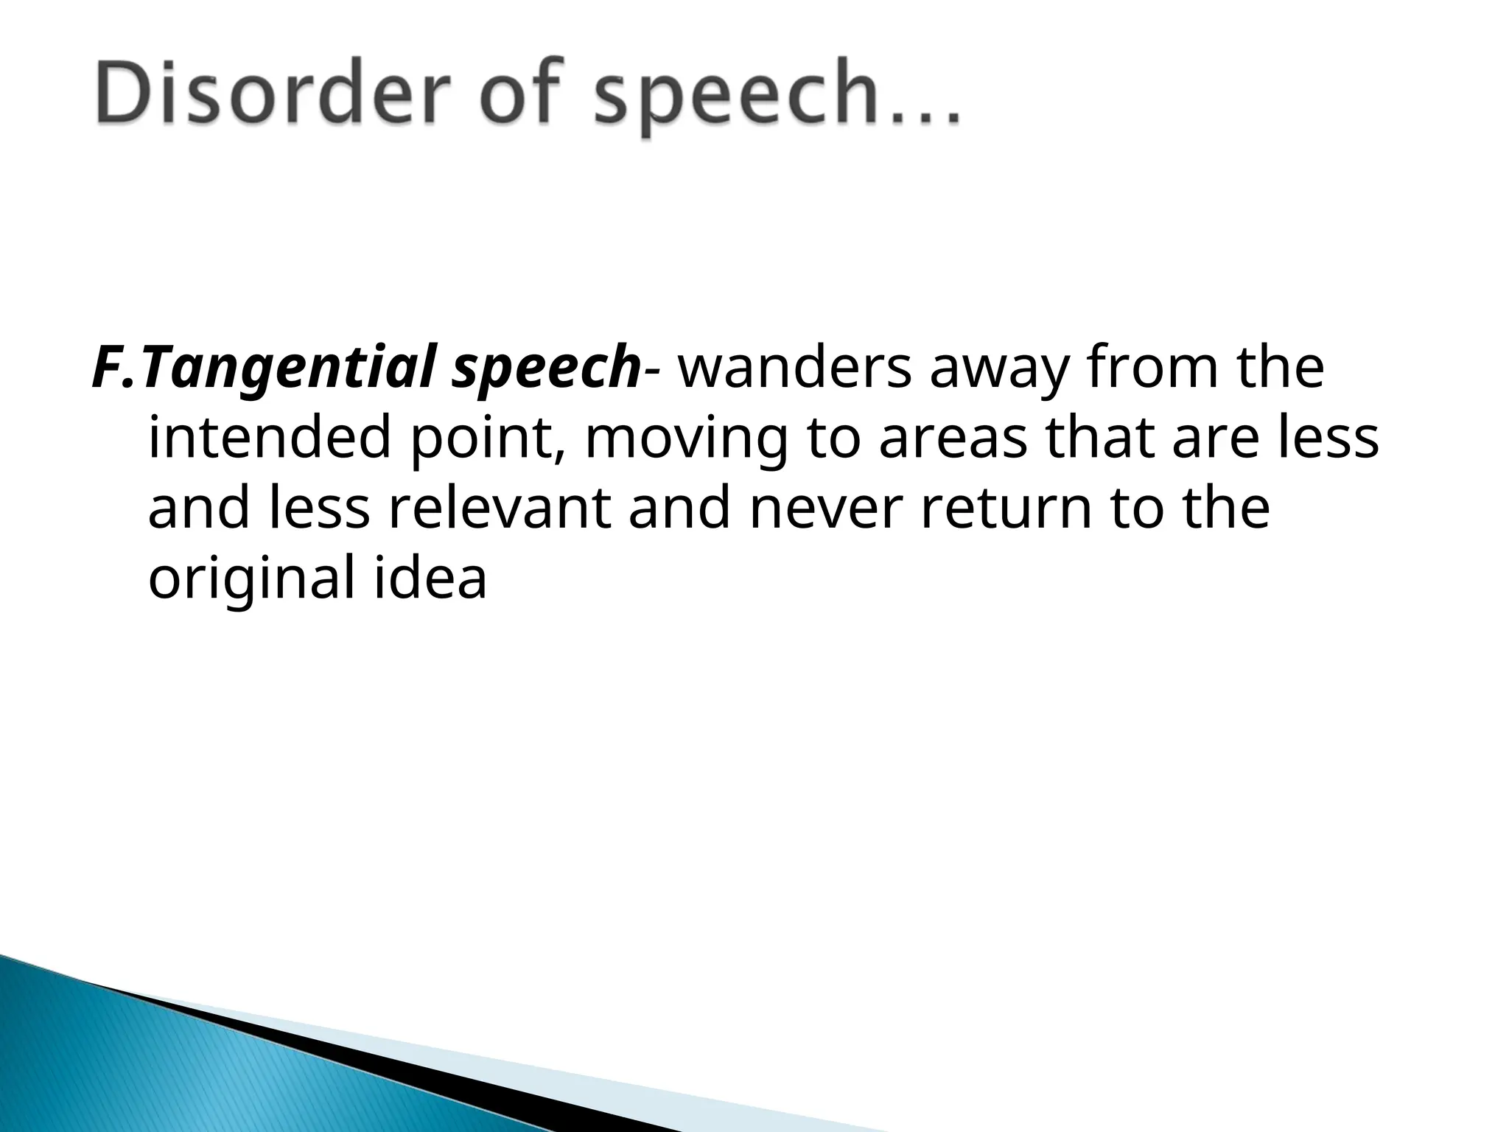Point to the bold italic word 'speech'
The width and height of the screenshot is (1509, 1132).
(546, 372)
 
